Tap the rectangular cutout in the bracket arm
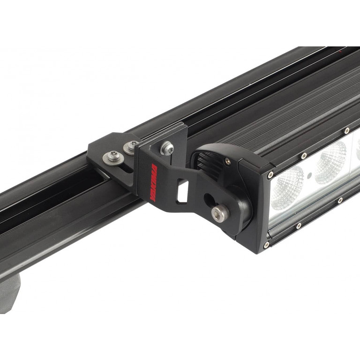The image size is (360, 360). (x=182, y=191)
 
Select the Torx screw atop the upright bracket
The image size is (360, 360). (x=167, y=148)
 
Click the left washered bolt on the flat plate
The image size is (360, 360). (x=113, y=157)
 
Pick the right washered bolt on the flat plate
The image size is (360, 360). (x=132, y=146)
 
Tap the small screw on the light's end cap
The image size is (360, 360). (x=227, y=162)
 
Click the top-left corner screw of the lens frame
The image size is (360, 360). (x=270, y=175)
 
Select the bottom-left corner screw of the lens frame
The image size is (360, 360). (x=267, y=244)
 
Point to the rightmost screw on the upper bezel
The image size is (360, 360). (x=346, y=131)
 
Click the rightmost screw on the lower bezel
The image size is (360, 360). (x=340, y=200)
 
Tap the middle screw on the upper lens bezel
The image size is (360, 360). (x=304, y=155)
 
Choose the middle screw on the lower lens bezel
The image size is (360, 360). (x=299, y=226)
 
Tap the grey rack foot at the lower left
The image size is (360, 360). (x=9, y=293)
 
